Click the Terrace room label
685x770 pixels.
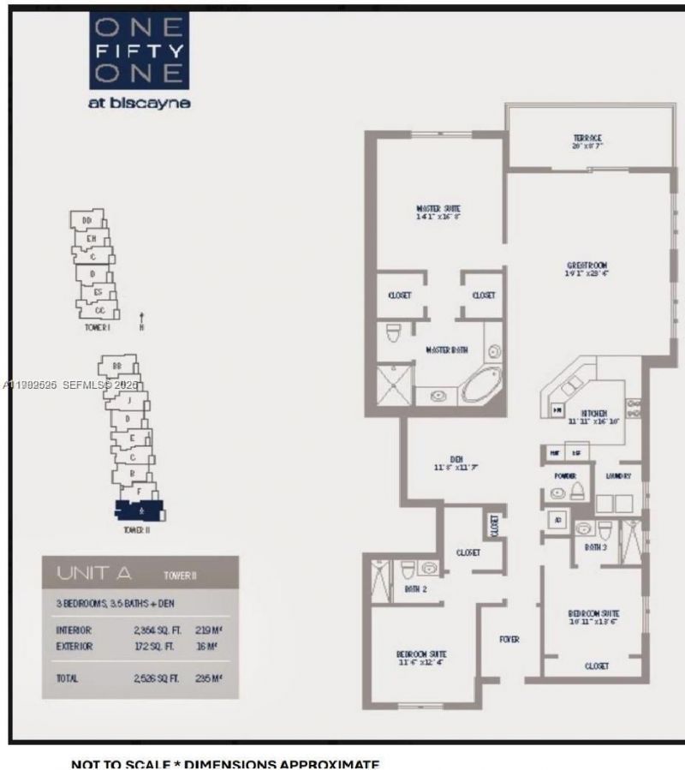(587, 138)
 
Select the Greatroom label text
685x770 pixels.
(587, 266)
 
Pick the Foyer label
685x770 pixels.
(510, 639)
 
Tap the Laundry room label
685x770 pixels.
(618, 476)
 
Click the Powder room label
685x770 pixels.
(564, 476)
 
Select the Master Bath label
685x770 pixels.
(446, 350)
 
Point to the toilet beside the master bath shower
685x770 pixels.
(394, 332)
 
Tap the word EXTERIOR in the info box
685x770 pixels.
(74, 646)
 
